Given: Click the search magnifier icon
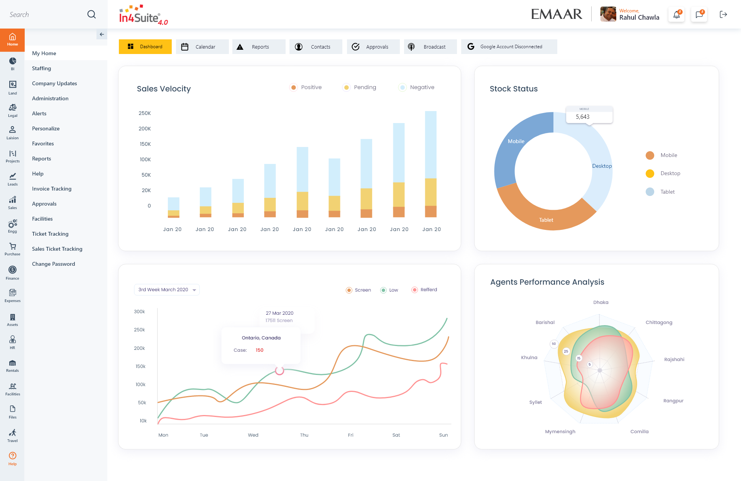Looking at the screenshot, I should (91, 14).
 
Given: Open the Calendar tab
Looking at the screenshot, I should (202, 47).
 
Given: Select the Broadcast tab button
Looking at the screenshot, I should (430, 47).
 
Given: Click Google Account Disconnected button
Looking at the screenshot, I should (509, 47).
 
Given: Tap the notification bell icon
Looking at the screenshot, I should (676, 15).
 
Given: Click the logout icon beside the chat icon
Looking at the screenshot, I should (723, 15).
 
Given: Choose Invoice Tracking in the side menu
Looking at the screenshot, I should (52, 189).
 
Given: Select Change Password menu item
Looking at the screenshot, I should (54, 264).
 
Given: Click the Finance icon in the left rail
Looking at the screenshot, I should (12, 272).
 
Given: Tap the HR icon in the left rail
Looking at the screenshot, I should (12, 342).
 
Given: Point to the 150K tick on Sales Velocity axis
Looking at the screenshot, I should (145, 144).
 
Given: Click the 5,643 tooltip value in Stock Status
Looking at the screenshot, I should (582, 117).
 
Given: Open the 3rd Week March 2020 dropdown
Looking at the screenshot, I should (167, 290).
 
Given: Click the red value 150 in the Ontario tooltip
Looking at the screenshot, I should (259, 350).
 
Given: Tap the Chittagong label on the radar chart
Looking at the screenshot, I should (659, 322).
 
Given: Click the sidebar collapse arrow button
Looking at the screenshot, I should (102, 34).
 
